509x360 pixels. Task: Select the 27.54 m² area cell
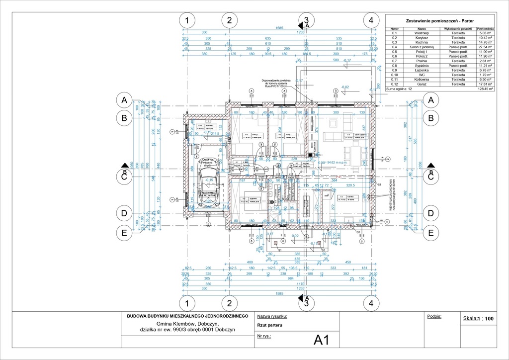coord(485,47)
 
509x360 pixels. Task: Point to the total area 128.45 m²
coord(485,89)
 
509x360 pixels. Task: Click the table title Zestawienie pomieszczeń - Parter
coord(439,21)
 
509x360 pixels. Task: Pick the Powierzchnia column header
coord(485,29)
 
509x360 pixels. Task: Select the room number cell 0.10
coord(395,75)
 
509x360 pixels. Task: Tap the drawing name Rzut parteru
coord(269,325)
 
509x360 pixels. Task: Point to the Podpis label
coord(434,316)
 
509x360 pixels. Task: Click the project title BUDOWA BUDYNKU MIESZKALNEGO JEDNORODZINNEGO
coord(187,316)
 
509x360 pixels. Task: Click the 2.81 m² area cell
coord(485,61)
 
